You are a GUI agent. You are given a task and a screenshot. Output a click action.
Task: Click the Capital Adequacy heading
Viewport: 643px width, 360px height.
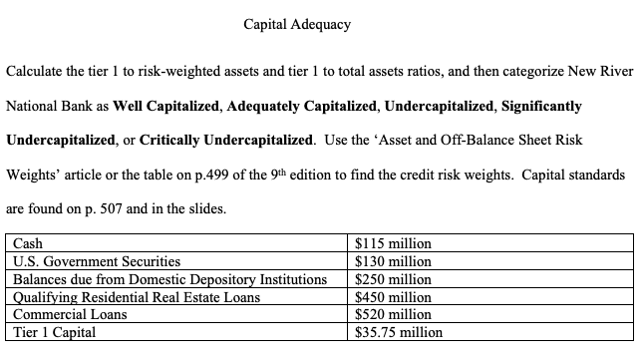click(x=297, y=24)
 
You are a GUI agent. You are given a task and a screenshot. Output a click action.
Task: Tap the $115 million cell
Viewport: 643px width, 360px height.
click(x=393, y=242)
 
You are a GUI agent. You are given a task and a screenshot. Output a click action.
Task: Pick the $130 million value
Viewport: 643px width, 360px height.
click(x=393, y=260)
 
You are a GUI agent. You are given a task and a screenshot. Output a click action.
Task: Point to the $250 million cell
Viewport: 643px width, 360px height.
click(x=393, y=278)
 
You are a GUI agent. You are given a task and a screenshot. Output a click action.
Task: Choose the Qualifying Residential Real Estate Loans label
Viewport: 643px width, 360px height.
click(x=136, y=296)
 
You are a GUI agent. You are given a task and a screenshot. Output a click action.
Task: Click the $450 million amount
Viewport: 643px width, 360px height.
click(x=393, y=296)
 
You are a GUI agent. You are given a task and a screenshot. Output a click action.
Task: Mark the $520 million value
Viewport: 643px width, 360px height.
click(x=393, y=314)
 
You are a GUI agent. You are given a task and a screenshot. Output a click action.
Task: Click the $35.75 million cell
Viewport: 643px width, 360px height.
click(x=399, y=332)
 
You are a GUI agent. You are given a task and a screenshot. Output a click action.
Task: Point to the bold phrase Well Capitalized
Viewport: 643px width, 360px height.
click(x=161, y=105)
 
